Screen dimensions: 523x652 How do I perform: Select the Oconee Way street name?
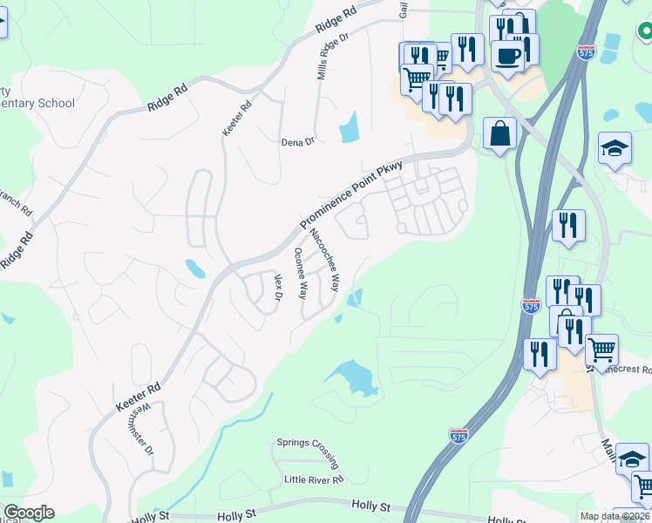pyautogui.click(x=301, y=274)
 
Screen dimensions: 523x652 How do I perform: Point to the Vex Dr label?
pyautogui.click(x=279, y=289)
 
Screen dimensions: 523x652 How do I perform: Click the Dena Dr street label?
pyautogui.click(x=296, y=142)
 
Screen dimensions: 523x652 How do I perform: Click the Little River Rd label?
pyautogui.click(x=314, y=479)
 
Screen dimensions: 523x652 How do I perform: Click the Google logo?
pyautogui.click(x=29, y=513)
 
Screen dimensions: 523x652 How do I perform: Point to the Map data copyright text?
pyautogui.click(x=615, y=516)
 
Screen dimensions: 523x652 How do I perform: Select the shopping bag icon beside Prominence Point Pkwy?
pyautogui.click(x=499, y=134)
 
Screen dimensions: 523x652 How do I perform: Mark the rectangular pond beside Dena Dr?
pyautogui.click(x=350, y=128)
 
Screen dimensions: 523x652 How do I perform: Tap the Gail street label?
pyautogui.click(x=404, y=9)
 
